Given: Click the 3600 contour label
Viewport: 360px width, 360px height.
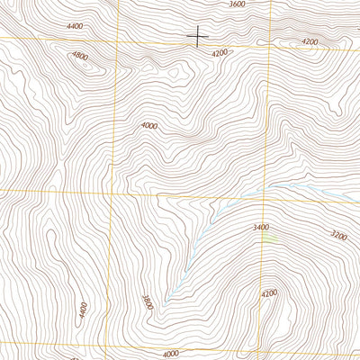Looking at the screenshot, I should pyautogui.click(x=237, y=4).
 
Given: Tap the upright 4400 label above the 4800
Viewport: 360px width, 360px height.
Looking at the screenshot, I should pyautogui.click(x=75, y=27).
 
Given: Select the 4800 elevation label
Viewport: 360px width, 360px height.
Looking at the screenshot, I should pyautogui.click(x=80, y=56).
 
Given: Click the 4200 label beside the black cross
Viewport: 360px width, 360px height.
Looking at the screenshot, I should pyautogui.click(x=220, y=54).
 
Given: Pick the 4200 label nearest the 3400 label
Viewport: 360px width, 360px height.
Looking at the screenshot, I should pyautogui.click(x=269, y=293).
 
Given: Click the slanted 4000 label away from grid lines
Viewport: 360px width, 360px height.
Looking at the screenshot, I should pyautogui.click(x=149, y=126).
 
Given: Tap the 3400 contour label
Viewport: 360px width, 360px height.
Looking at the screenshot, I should pyautogui.click(x=263, y=228).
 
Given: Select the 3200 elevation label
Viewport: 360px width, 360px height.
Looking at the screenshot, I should pyautogui.click(x=339, y=235).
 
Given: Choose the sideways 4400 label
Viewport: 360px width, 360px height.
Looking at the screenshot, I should pyautogui.click(x=82, y=312).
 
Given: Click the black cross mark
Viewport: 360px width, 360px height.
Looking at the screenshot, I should pyautogui.click(x=197, y=36).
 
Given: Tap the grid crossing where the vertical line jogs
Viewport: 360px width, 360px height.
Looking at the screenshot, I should pyautogui.click(x=112, y=192).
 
